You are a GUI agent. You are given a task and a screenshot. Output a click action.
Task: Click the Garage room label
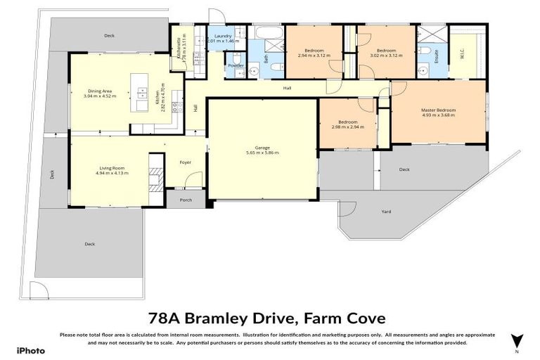262,148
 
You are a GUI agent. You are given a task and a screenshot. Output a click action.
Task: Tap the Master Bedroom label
439,110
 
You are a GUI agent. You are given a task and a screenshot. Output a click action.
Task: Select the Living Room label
110,167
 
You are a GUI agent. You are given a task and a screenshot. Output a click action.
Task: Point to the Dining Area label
101,90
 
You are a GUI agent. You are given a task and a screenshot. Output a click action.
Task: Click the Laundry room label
224,35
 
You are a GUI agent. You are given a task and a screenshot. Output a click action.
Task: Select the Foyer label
186,162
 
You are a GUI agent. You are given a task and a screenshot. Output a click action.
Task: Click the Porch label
186,200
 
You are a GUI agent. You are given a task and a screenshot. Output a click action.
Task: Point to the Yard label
386,211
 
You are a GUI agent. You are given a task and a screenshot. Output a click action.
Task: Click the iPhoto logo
31,350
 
